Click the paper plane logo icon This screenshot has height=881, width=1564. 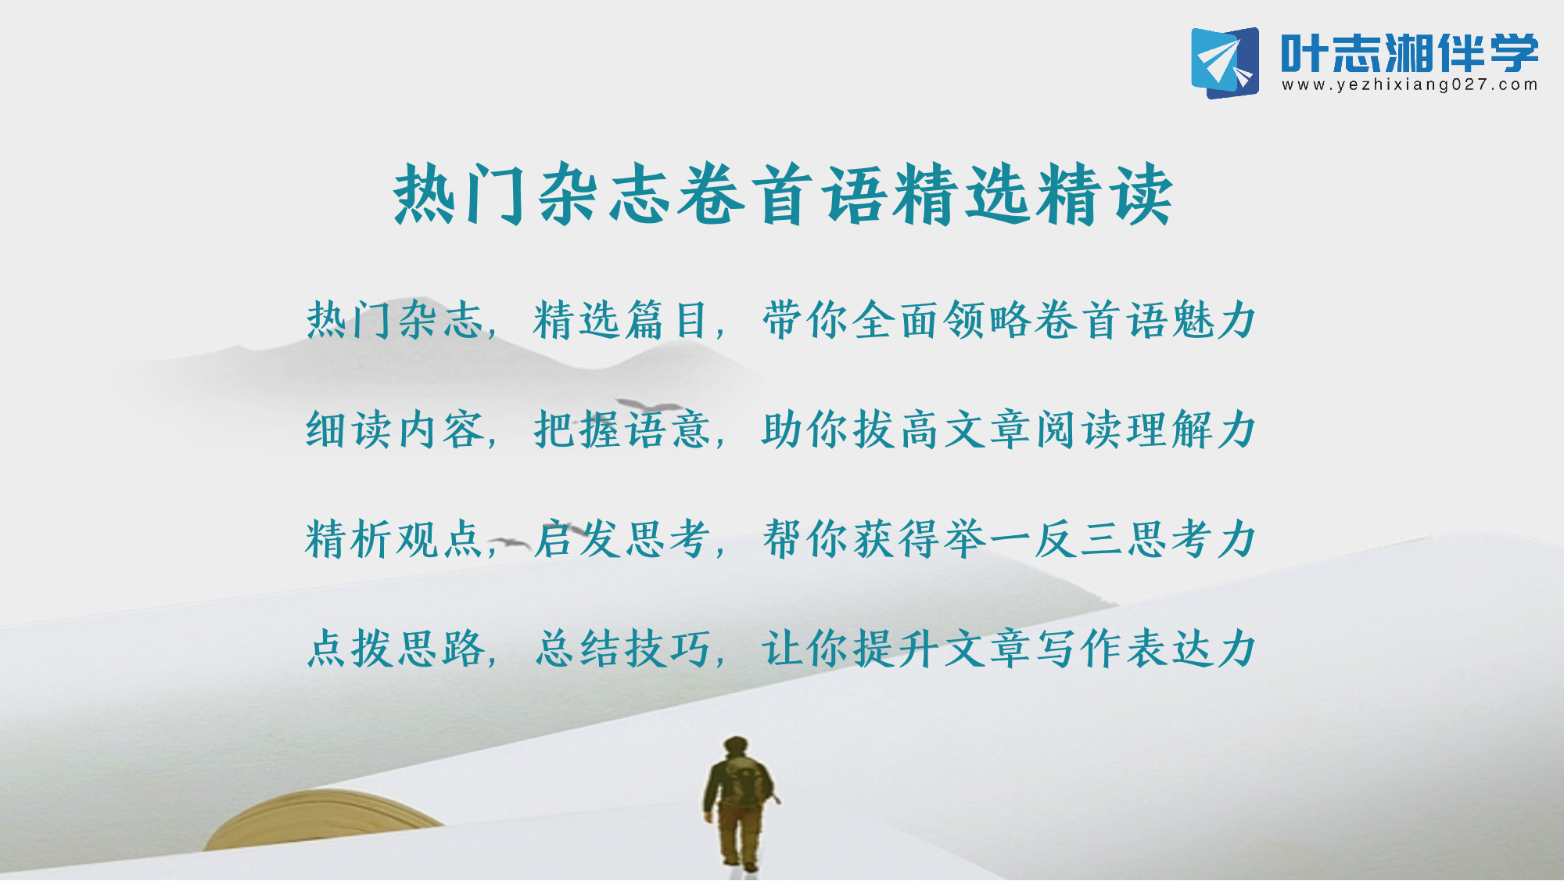(x=1225, y=63)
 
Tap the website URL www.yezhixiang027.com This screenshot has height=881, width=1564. (x=1410, y=85)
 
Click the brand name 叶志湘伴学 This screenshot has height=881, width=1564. (x=1410, y=52)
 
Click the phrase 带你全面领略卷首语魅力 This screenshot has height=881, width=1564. (x=1009, y=320)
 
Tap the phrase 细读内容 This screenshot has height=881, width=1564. (x=395, y=430)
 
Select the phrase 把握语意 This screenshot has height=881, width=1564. (x=622, y=430)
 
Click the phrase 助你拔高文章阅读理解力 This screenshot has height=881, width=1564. (x=1009, y=430)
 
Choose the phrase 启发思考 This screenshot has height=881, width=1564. (x=622, y=539)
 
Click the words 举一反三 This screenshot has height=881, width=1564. (x=1034, y=539)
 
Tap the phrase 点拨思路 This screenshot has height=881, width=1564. (x=396, y=649)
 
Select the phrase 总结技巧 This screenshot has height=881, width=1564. (x=622, y=649)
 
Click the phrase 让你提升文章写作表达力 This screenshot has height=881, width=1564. (x=1009, y=649)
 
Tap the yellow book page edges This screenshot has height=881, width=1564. (x=321, y=818)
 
